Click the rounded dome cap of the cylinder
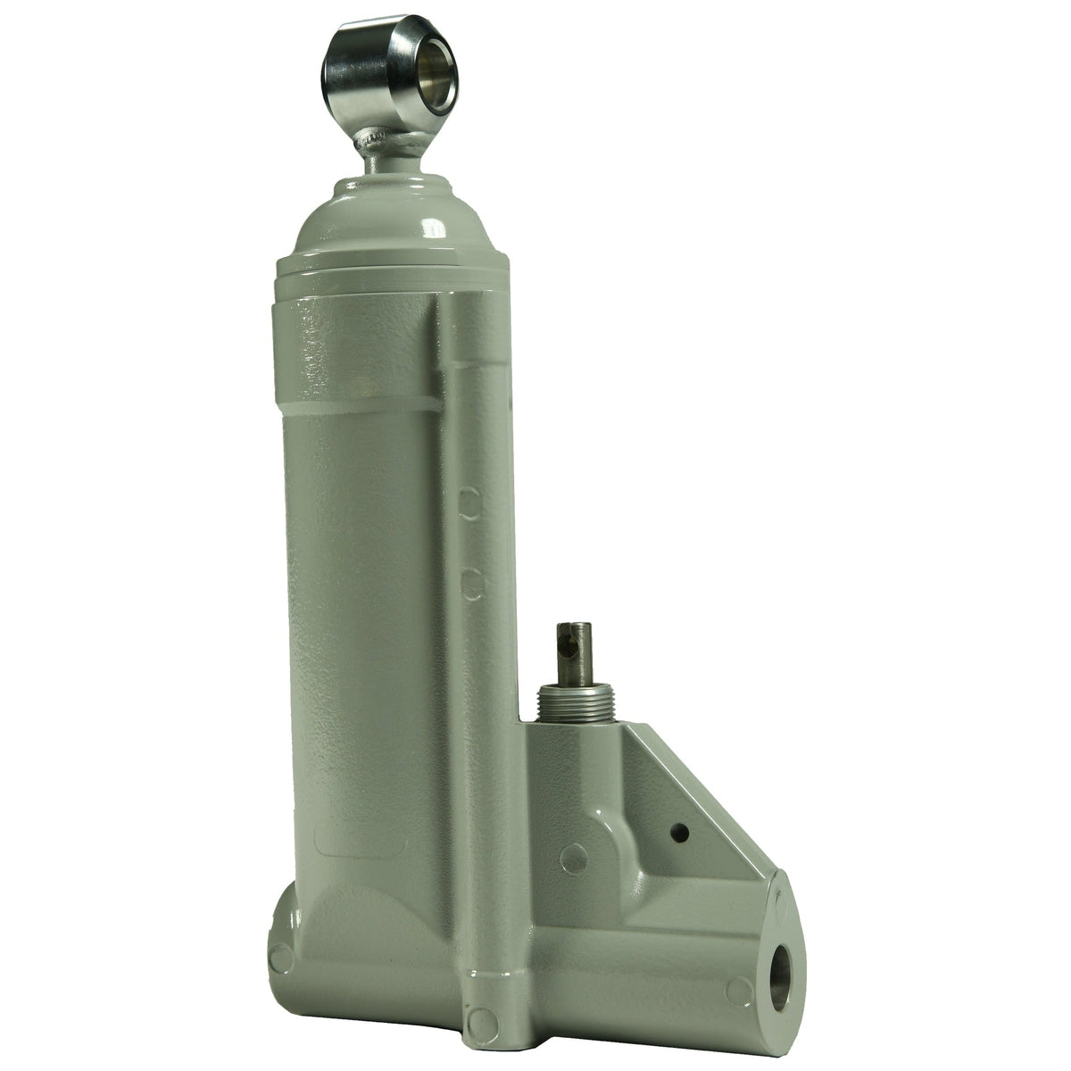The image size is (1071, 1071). [393, 214]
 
